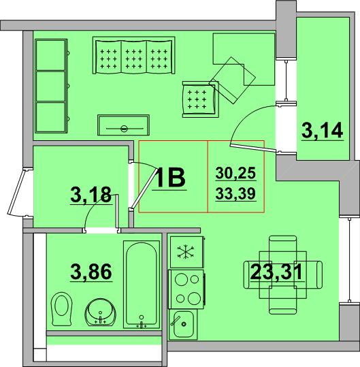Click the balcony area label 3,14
[x=323, y=131]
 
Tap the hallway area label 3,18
[x=91, y=195]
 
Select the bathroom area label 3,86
[x=91, y=272]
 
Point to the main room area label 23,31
[x=276, y=272]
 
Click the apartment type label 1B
[x=169, y=178]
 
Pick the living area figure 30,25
[x=235, y=174]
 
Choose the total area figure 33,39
[x=235, y=193]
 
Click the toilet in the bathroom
[x=61, y=308]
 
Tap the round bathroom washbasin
[x=100, y=312]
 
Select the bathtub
[x=142, y=285]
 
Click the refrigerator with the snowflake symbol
[x=186, y=252]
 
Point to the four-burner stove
[x=186, y=289]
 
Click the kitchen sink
[x=183, y=323]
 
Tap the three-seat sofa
[x=134, y=55]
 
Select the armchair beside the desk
[x=200, y=99]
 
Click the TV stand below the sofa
[x=123, y=125]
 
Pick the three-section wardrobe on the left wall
[x=51, y=86]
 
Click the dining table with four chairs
[x=283, y=275]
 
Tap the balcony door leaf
[x=254, y=148]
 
